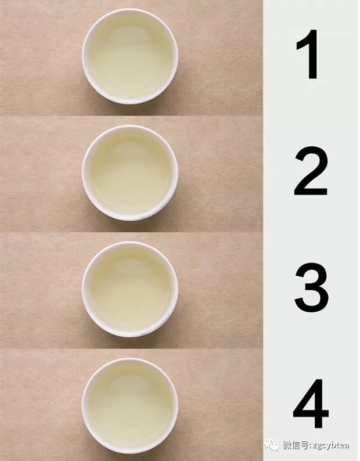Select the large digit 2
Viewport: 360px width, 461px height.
(x=311, y=171)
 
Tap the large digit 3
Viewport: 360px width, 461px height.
(x=311, y=287)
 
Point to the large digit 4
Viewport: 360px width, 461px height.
(x=311, y=404)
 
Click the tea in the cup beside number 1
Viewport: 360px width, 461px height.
(x=130, y=57)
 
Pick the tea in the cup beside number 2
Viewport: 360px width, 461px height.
(x=130, y=174)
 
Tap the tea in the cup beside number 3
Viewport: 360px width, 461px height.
(x=130, y=290)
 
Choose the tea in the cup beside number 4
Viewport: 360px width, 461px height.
(x=130, y=406)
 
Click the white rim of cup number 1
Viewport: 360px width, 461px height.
(x=130, y=11)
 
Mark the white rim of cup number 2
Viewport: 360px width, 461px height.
(x=130, y=127)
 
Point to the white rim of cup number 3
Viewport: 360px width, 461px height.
(x=130, y=244)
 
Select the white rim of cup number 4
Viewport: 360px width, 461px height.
(x=130, y=360)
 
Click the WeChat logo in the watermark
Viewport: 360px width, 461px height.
(x=271, y=445)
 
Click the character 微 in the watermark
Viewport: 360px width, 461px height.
(x=287, y=445)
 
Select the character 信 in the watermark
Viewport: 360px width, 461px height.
(x=296, y=445)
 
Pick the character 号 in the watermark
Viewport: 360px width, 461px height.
(x=304, y=445)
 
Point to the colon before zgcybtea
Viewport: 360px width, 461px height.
(x=310, y=446)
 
